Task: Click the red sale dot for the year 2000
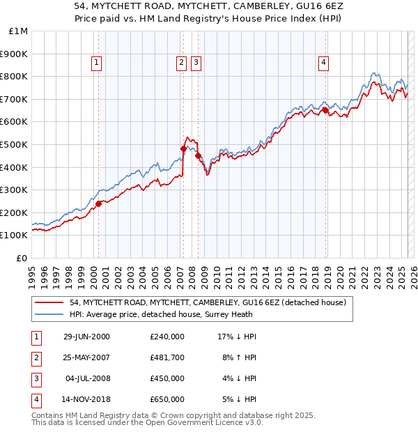click(x=98, y=203)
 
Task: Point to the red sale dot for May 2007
click(x=183, y=148)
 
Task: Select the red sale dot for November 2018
click(x=325, y=110)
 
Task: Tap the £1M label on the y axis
click(x=18, y=31)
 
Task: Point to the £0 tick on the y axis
click(x=22, y=258)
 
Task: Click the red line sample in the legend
click(x=49, y=302)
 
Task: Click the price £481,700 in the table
click(x=167, y=357)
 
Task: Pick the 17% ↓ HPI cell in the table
click(x=237, y=337)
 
